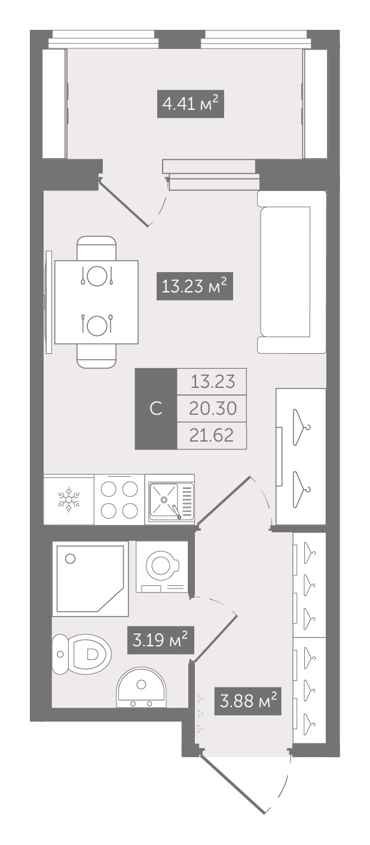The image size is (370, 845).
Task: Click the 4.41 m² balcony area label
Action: click(x=191, y=103)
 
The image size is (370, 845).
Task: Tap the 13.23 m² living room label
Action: click(x=194, y=286)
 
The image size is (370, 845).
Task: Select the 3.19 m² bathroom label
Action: click(x=161, y=640)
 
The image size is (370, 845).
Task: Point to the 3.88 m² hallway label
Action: click(x=248, y=701)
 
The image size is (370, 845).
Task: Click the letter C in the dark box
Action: click(x=155, y=409)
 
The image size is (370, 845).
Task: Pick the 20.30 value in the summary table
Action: click(x=213, y=408)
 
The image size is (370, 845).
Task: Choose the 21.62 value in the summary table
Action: click(x=212, y=435)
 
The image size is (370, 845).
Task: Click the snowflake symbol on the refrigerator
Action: click(x=68, y=499)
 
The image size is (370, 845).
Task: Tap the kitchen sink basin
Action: click(x=164, y=499)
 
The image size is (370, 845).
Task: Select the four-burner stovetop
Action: click(x=119, y=499)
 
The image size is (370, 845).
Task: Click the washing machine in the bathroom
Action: click(x=162, y=567)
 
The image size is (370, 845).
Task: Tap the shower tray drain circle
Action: click(x=70, y=559)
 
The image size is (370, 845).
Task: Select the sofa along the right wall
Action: click(x=291, y=272)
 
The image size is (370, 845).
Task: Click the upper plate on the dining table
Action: click(x=97, y=276)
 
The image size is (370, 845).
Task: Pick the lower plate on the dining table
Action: click(x=97, y=324)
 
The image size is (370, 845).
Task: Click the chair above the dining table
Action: click(x=96, y=248)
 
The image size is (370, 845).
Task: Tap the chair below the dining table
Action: click(x=96, y=355)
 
